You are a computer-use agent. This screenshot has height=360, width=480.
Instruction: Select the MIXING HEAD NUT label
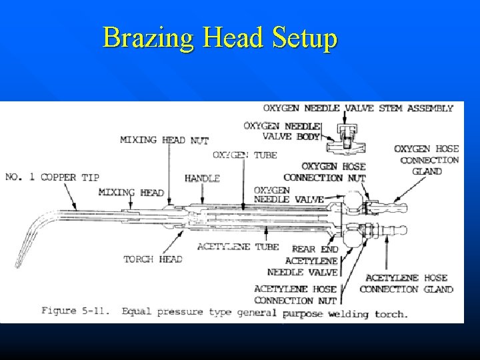(164, 140)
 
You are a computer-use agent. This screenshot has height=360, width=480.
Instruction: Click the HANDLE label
(202, 179)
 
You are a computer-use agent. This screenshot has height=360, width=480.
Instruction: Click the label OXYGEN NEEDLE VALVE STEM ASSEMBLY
(358, 108)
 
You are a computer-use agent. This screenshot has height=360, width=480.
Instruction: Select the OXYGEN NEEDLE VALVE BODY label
(282, 131)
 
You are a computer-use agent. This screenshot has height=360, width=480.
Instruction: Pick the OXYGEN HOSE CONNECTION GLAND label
(426, 160)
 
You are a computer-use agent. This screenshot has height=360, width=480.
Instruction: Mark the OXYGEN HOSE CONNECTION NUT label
(325, 172)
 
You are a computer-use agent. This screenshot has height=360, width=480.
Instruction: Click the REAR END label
(315, 249)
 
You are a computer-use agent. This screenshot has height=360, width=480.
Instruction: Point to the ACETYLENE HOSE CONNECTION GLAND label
(406, 283)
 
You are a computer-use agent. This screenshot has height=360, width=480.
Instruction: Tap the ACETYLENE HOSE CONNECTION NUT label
(295, 295)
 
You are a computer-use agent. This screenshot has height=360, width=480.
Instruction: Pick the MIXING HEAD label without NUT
(131, 193)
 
